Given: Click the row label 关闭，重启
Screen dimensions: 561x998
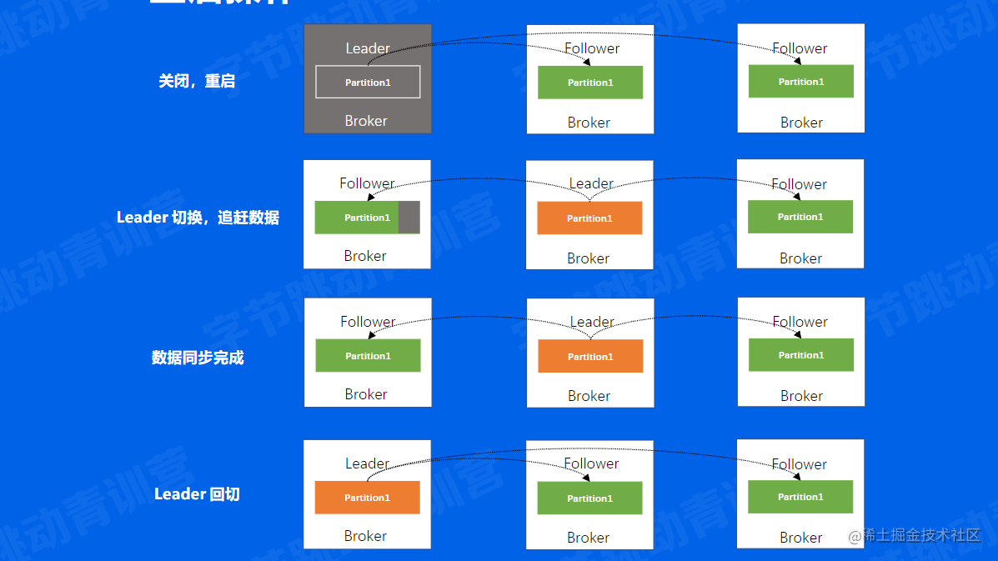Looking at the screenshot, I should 197,82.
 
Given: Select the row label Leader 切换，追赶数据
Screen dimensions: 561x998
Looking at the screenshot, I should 198,218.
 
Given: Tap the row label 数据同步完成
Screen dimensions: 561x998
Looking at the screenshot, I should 198,358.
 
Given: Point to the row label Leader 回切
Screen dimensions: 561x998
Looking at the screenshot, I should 197,494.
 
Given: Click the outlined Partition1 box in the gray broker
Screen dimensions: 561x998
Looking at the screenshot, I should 368,83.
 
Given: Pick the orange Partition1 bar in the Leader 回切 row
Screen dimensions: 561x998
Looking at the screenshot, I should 367,498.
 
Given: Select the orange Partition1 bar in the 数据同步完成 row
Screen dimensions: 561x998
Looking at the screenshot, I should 590,356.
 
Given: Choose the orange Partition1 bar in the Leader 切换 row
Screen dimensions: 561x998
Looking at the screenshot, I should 589,218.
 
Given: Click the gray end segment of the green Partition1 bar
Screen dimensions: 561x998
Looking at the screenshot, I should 409,218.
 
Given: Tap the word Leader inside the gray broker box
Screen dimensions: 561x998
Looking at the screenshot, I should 368,48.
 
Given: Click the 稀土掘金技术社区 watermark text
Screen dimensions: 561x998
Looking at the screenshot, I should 920,535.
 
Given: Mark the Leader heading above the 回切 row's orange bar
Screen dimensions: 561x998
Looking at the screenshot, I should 367,463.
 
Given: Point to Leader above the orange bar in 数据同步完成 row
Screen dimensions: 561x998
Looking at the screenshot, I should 592,322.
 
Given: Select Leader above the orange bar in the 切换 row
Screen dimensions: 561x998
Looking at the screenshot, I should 591,183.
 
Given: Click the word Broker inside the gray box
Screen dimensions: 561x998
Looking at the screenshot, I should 366,121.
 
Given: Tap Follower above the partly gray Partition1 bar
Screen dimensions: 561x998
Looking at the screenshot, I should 367,183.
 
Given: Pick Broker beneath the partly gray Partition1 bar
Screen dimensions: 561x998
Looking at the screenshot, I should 365,256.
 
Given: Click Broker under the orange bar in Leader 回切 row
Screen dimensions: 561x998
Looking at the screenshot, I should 365,536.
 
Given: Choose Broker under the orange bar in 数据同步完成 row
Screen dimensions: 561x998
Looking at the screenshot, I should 589,396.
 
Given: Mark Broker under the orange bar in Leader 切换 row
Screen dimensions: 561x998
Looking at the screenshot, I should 588,258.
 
